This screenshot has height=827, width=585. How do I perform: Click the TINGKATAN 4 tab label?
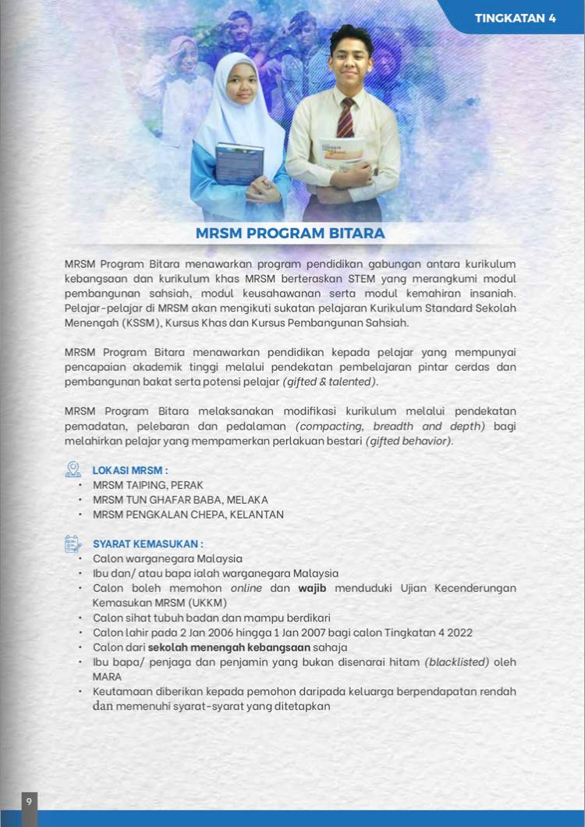[x=515, y=18]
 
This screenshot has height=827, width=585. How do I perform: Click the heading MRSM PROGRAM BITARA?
[x=290, y=233]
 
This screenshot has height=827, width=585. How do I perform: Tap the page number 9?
[x=29, y=801]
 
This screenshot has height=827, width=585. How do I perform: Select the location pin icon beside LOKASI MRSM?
[x=73, y=469]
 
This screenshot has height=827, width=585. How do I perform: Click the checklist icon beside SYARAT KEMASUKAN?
[x=73, y=543]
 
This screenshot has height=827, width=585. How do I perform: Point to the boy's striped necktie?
[x=345, y=118]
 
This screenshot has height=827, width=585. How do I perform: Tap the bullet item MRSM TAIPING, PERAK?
[x=147, y=485]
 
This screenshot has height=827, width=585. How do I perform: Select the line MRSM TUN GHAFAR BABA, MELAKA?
[x=180, y=500]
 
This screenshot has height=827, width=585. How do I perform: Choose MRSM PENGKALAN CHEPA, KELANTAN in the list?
[x=188, y=515]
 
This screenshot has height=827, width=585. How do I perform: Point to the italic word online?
[x=246, y=588]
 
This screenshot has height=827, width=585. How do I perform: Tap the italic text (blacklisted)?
[x=456, y=662]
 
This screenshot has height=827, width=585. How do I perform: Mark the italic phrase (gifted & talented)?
[x=330, y=382]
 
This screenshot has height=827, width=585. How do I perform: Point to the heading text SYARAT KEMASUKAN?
[x=148, y=544]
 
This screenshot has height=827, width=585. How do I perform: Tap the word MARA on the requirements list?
[x=107, y=677]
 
